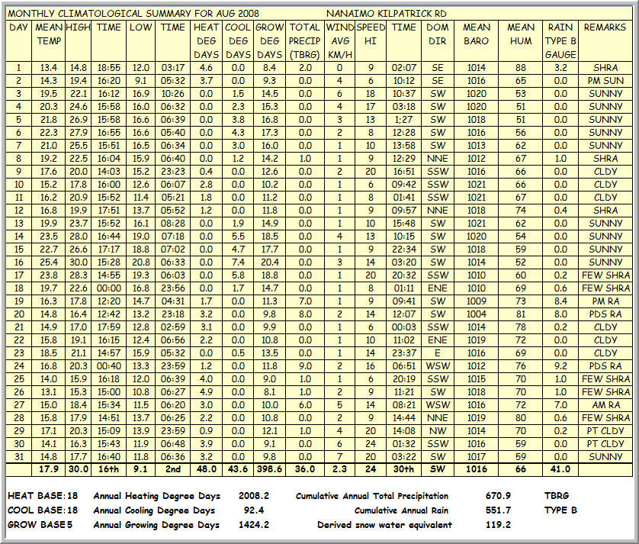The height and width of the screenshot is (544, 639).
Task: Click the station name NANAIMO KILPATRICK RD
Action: point(386,14)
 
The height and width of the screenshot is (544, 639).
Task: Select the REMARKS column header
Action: point(605,27)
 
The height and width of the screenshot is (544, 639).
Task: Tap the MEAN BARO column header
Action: point(477,34)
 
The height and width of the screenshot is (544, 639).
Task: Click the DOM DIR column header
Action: point(438,34)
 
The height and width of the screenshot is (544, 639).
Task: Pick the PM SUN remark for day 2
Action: point(605,80)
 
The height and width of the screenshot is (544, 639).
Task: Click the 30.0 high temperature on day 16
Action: point(78,262)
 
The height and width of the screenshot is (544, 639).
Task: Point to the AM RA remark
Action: point(605,404)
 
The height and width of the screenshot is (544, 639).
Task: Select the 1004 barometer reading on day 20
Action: point(477,314)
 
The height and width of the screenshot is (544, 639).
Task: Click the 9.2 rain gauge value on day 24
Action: point(561,365)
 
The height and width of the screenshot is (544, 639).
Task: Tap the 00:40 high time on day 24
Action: point(109,365)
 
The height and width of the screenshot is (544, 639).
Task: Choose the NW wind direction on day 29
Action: point(438,430)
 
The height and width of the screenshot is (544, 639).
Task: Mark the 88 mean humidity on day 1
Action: point(521,67)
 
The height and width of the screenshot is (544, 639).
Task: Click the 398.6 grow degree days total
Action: point(269,469)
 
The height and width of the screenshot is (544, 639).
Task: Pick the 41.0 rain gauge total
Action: point(561,469)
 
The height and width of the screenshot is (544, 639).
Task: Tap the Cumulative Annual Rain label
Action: point(404,510)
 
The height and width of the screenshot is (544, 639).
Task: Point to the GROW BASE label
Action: point(37,524)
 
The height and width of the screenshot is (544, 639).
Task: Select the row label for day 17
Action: point(18,275)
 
